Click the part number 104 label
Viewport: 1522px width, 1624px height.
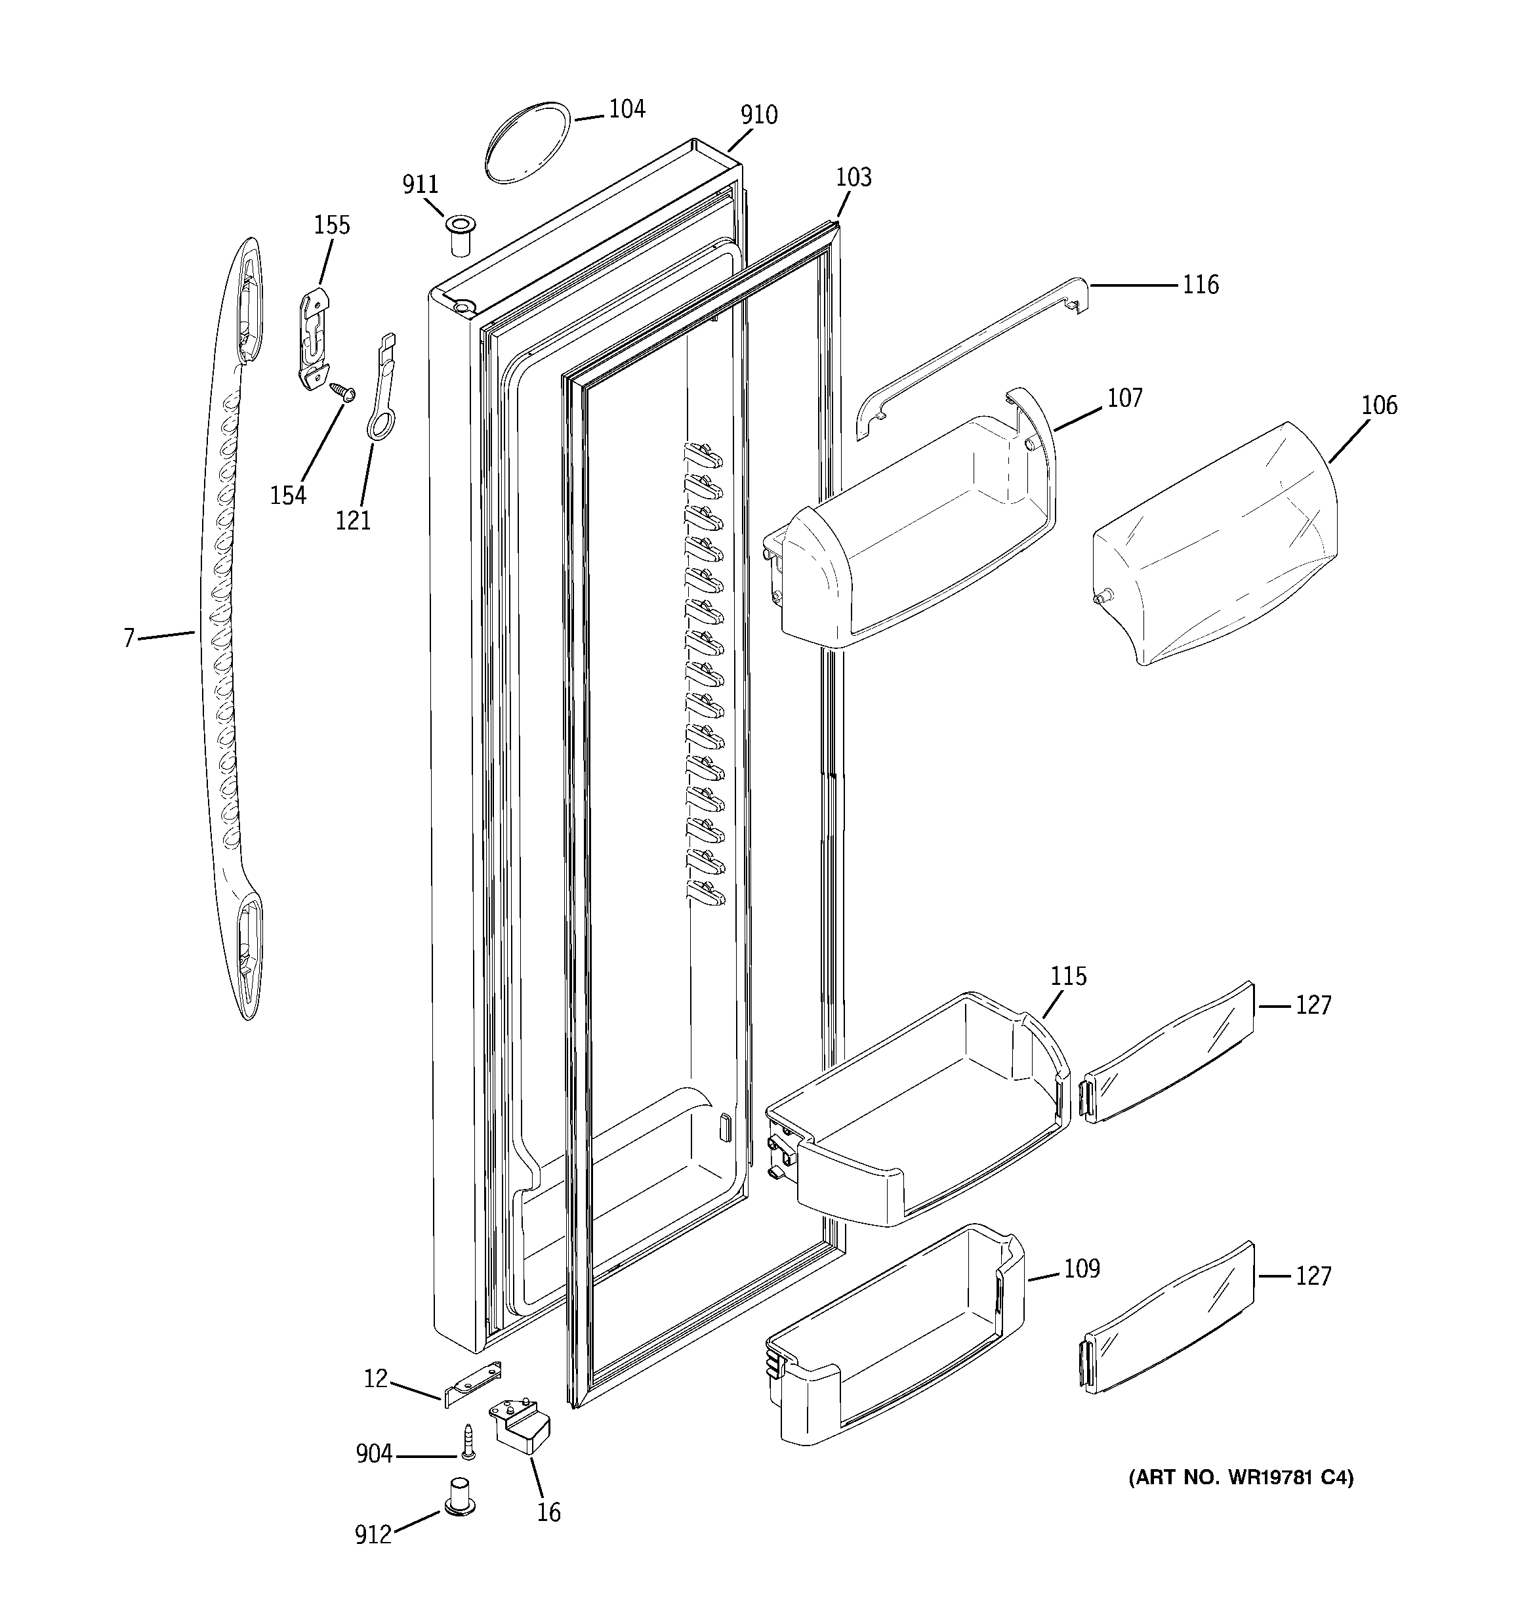627,110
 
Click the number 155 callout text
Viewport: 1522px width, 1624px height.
332,226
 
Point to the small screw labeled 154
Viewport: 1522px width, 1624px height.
343,393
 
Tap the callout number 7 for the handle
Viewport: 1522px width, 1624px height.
129,638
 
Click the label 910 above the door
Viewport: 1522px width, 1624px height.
758,115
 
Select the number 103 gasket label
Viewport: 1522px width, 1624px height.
854,177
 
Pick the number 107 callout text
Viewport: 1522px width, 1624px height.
1124,399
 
